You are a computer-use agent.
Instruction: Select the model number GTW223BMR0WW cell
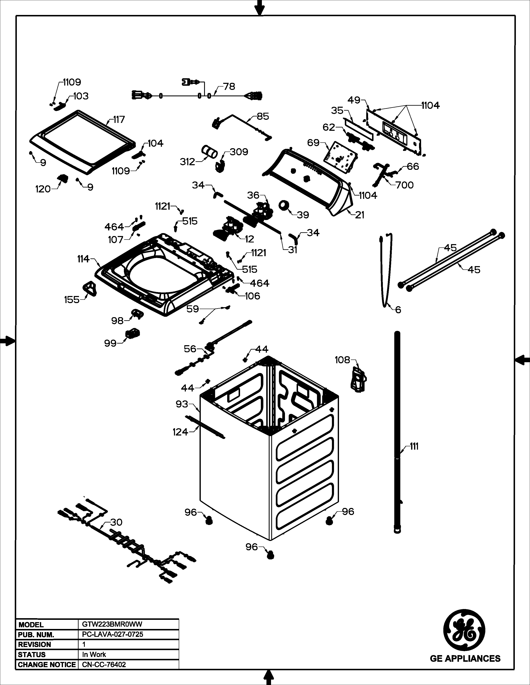pos(112,624)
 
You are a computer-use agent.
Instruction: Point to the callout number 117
pos(119,120)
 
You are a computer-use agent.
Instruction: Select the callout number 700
pos(404,185)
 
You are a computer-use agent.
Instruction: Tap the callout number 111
pos(414,446)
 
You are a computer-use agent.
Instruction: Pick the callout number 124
pos(180,432)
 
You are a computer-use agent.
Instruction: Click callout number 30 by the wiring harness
pos(116,522)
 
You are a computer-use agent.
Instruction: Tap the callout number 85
pos(263,116)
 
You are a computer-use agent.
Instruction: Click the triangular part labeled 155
pos(90,288)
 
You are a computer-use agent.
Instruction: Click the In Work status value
pos(94,654)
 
